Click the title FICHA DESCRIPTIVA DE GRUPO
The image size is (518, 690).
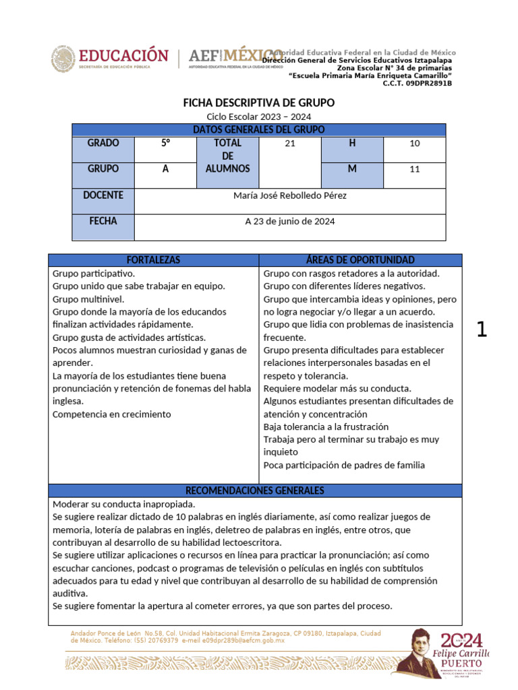pyautogui.click(x=259, y=103)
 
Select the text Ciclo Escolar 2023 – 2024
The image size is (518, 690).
pyautogui.click(x=259, y=117)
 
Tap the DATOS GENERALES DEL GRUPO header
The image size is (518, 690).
pyautogui.click(x=259, y=129)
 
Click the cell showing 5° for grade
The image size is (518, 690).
pyautogui.click(x=165, y=144)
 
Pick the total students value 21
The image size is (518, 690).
pyautogui.click(x=290, y=144)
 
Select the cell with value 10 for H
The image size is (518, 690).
pyautogui.click(x=414, y=144)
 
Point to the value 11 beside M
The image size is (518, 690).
pyautogui.click(x=414, y=169)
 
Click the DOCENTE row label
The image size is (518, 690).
pyautogui.click(x=103, y=195)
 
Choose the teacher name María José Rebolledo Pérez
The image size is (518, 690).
pyautogui.click(x=290, y=195)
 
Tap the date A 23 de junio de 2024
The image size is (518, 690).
pyautogui.click(x=290, y=221)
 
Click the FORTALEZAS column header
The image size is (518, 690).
pyautogui.click(x=154, y=260)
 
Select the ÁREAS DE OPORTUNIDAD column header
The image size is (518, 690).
pyautogui.click(x=361, y=260)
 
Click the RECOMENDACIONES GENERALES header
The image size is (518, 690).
pyautogui.click(x=255, y=491)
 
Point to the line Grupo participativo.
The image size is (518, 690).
pyautogui.click(x=94, y=274)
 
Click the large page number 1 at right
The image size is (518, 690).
pyautogui.click(x=482, y=330)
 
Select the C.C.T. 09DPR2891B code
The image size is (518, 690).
pyautogui.click(x=417, y=84)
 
